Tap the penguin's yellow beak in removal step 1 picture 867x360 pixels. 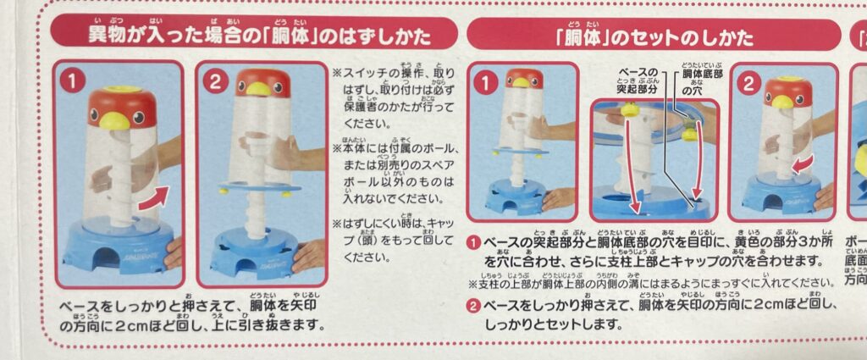(111, 120)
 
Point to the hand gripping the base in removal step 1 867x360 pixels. (173, 252)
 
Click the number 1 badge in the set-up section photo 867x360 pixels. (485, 83)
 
